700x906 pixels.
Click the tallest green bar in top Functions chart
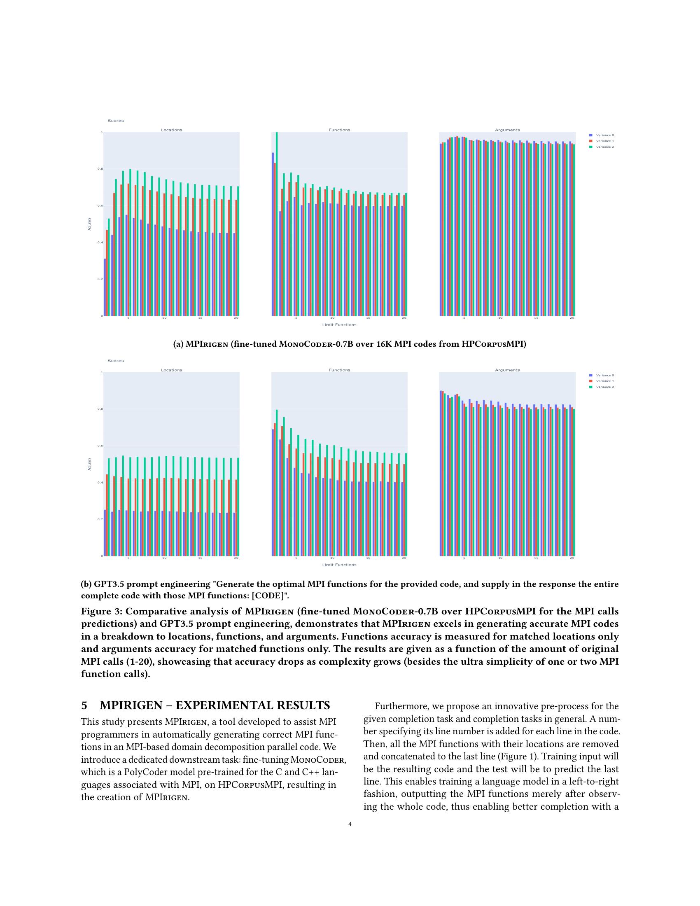pos(277,224)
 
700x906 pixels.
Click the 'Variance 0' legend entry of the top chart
pos(604,135)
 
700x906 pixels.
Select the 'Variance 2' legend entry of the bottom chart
pos(604,387)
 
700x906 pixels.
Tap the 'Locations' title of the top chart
pos(171,130)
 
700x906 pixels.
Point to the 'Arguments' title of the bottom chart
pos(507,370)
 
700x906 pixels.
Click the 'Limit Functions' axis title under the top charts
pos(339,325)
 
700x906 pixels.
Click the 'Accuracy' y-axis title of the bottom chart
pos(89,464)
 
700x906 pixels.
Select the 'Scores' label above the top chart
pos(116,121)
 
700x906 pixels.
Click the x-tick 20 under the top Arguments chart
pos(572,318)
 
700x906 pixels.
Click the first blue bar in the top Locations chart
pos(105,287)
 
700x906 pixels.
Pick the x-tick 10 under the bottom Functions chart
pos(332,558)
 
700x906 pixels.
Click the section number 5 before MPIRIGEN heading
pos(84,705)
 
